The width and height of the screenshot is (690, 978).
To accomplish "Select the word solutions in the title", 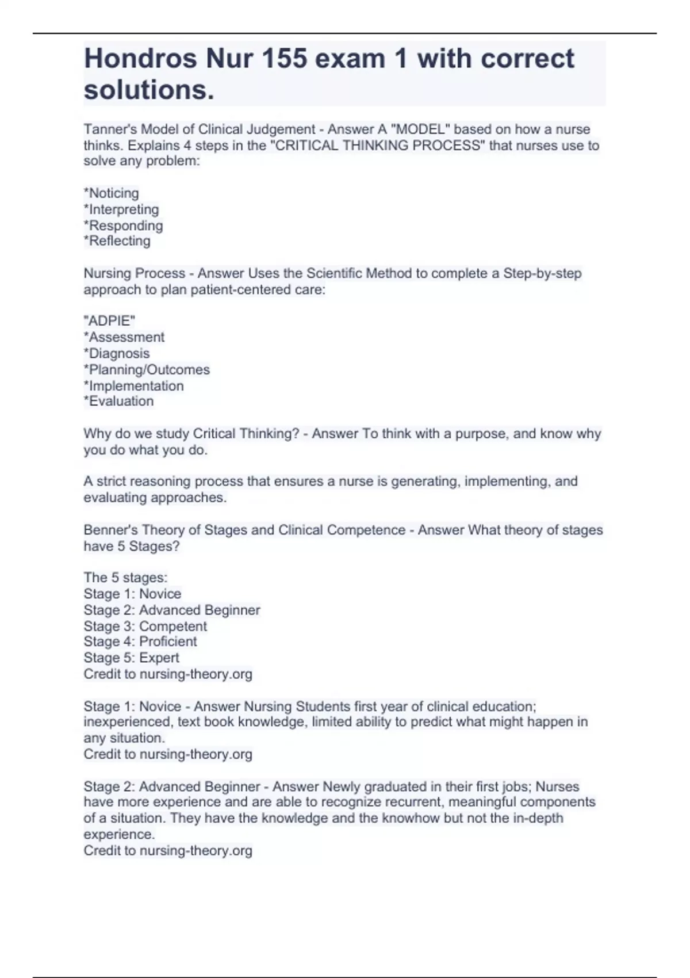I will coord(148,90).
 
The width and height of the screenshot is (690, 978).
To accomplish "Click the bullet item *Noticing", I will coord(112,193).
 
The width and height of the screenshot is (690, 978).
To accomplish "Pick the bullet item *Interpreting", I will coord(121,209).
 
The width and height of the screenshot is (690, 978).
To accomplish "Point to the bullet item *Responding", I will coord(123,226).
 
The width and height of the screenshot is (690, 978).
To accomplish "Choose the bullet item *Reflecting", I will coord(117,241).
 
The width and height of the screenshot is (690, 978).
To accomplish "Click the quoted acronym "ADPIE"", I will coord(109,321).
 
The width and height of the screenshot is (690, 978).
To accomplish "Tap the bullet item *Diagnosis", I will coord(117,353).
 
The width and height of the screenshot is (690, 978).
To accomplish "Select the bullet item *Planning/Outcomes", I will coord(147,369).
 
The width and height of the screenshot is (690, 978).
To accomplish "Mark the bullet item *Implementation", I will coord(134,385).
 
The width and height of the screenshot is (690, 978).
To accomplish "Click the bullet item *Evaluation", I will coord(118,401).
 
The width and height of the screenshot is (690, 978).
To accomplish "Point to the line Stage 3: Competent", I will coord(145,626).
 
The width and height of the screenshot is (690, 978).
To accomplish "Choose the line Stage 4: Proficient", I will coord(140,641).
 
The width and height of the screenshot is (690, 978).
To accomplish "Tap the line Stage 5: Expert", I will coord(131,658).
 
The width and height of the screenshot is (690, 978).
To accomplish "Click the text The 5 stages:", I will coord(125,578).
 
